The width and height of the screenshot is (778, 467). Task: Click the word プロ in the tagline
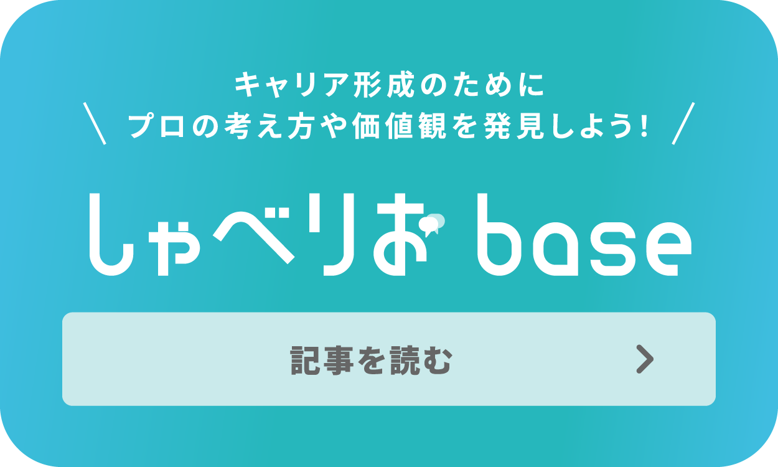click(155, 127)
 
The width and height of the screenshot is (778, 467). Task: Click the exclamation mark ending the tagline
click(644, 127)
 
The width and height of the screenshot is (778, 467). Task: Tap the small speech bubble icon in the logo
click(434, 223)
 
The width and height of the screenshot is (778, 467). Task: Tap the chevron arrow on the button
click(645, 359)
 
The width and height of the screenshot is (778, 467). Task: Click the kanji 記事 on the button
click(321, 360)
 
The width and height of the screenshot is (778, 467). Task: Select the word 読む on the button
click(419, 360)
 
